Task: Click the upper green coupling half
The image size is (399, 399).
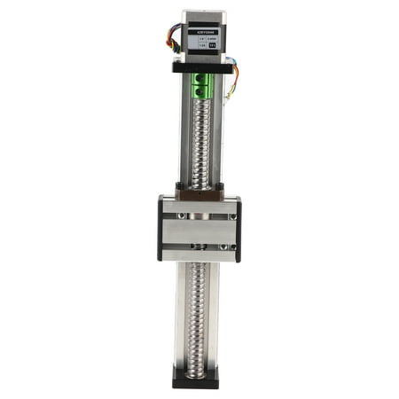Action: pos(199,80)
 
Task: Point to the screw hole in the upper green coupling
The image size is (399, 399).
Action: pos(197,81)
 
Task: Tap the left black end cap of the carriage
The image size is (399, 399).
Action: pos(160,229)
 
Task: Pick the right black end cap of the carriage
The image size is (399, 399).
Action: pos(238,229)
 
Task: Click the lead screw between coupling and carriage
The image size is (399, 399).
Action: pos(199,142)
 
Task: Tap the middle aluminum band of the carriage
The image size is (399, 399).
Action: pos(199,230)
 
